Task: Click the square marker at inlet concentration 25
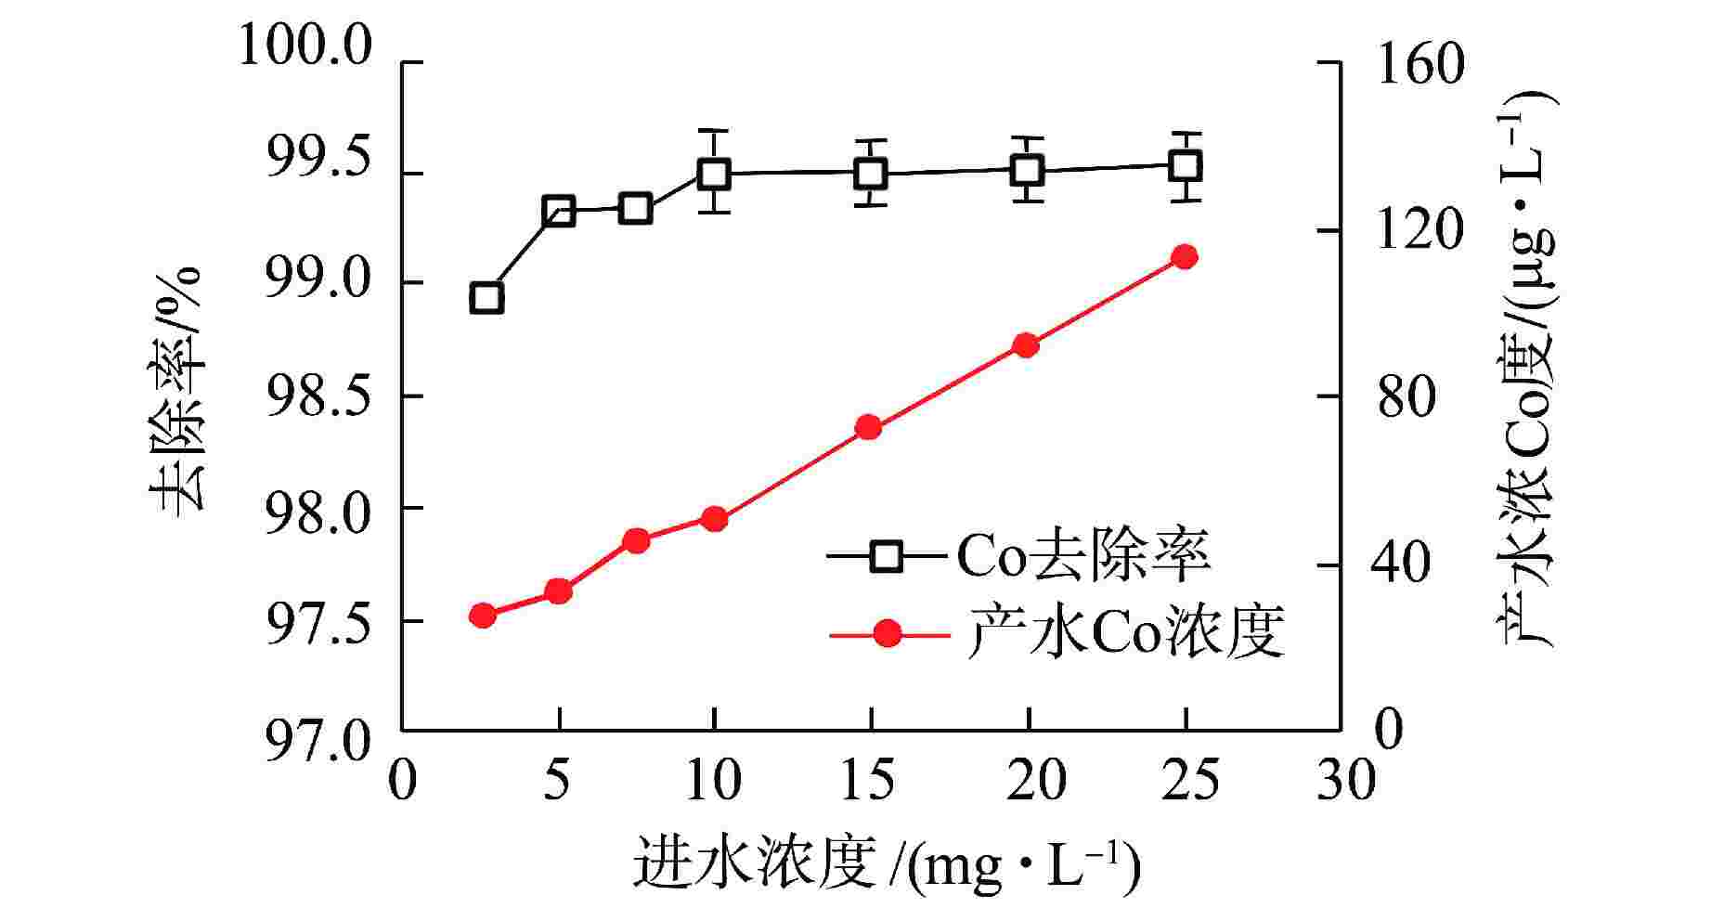point(1186,167)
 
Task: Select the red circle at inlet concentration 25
point(1184,257)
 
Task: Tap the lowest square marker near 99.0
point(486,298)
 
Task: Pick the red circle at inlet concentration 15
point(868,427)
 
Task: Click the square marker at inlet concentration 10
point(714,173)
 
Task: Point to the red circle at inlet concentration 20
point(1025,345)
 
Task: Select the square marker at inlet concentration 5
point(558,211)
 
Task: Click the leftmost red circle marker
point(483,616)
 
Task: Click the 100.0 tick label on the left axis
point(305,46)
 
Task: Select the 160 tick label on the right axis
point(1419,63)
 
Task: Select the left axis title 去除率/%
point(176,390)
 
